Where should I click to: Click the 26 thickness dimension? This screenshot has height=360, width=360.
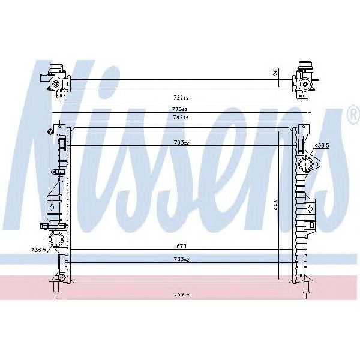click(275, 72)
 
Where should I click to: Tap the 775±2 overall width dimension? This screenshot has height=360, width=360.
click(181, 110)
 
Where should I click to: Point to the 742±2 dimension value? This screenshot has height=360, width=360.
click(181, 118)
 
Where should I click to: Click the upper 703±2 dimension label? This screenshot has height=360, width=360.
click(181, 143)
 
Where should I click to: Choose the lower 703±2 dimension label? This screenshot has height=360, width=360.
click(181, 259)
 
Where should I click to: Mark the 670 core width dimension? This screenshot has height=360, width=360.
click(181, 247)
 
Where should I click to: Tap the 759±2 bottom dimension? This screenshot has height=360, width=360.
click(181, 294)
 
